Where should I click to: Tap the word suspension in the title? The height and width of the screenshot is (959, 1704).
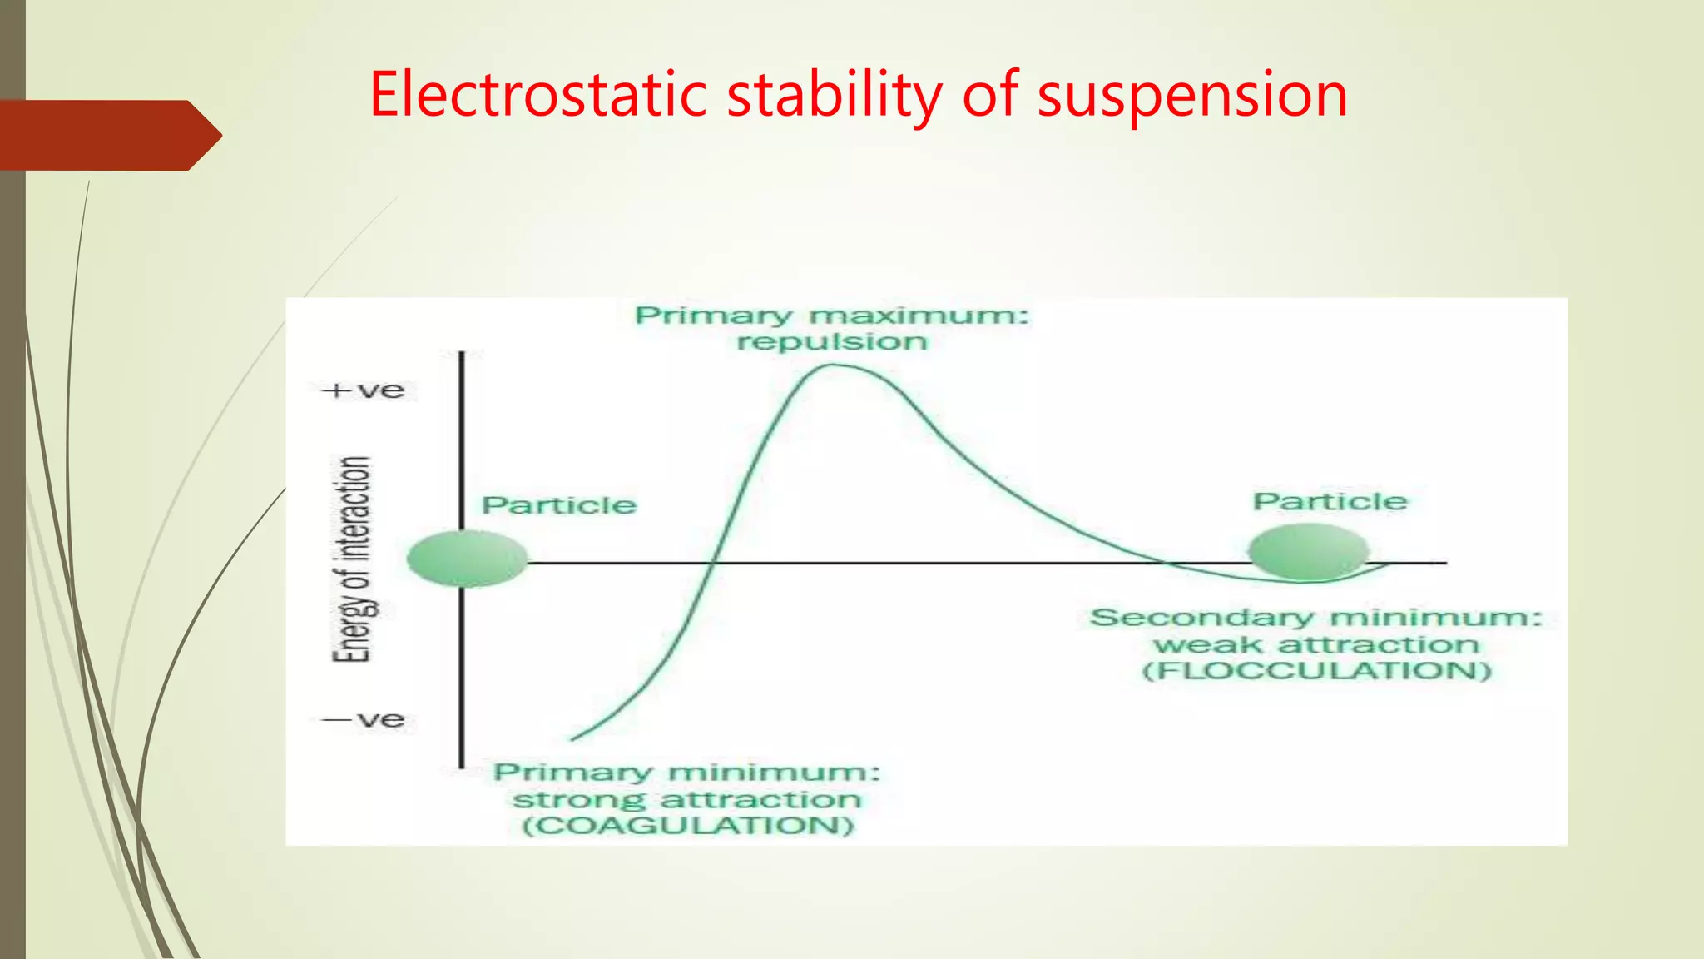coord(1191,96)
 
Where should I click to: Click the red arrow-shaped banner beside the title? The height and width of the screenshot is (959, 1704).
coord(108,135)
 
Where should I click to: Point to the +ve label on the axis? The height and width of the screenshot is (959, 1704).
coord(367,390)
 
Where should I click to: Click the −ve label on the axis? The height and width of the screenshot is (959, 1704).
coord(365,719)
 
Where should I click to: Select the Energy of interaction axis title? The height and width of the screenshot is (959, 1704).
coord(352,559)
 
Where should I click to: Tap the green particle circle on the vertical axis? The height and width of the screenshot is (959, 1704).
coord(467,559)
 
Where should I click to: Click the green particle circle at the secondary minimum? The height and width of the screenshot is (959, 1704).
coord(1308,551)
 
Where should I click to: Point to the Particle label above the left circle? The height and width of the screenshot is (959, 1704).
coord(559,505)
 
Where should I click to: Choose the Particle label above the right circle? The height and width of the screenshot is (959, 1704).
coord(1330,501)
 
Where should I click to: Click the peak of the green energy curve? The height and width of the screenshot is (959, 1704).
coord(832,365)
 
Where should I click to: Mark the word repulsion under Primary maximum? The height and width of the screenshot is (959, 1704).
coord(832,342)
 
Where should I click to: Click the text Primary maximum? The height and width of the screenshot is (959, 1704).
coord(831,316)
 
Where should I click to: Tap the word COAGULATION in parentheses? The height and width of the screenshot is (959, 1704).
coord(687,826)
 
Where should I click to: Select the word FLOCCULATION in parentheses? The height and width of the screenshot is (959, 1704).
coord(1316,671)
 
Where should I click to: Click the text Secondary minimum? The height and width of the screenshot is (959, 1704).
coord(1315,618)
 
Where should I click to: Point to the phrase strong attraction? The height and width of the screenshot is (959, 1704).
coord(686,800)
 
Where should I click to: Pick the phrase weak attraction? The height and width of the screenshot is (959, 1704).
coord(1315,645)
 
